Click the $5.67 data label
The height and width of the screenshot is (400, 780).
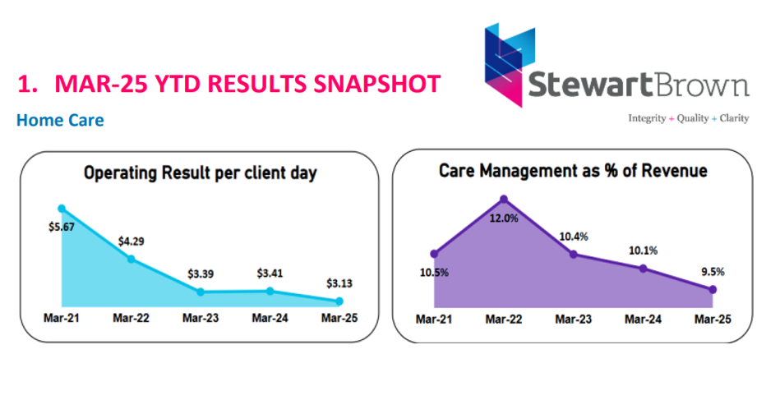61,228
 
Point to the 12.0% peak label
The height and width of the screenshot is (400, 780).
504,218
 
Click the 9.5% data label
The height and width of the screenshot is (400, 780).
713,272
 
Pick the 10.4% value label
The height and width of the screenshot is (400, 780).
573,237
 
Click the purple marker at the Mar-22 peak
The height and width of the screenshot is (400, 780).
504,199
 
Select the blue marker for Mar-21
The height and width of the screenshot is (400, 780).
61,209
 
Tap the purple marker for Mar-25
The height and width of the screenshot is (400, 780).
713,289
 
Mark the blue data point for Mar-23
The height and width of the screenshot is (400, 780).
200,292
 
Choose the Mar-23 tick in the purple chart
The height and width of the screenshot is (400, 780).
574,318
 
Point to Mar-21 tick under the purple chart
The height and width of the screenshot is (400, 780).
434,318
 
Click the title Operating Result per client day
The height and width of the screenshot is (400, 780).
200,173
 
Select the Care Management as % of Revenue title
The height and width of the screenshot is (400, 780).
573,171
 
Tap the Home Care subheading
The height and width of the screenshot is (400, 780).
60,121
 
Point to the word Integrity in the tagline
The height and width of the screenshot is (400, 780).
648,117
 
